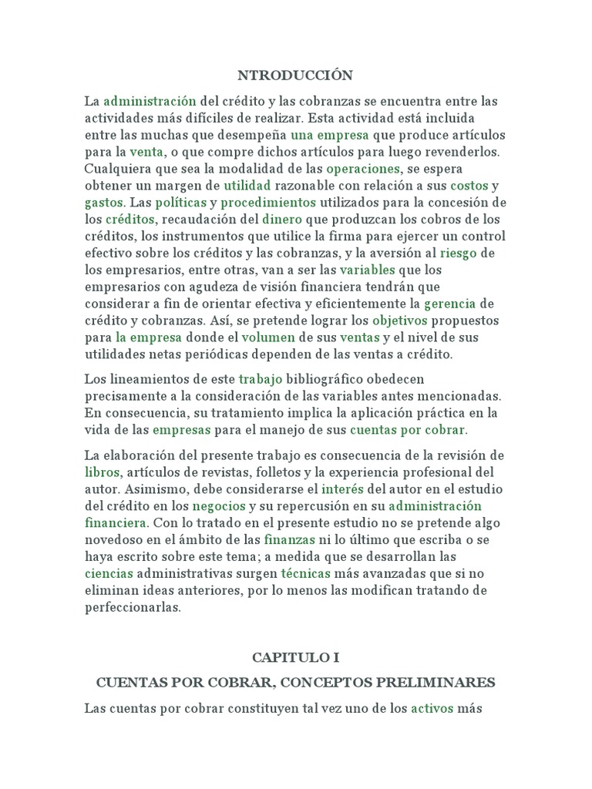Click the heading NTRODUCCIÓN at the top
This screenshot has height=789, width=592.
296,75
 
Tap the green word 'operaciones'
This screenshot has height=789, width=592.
363,169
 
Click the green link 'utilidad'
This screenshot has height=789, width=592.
247,186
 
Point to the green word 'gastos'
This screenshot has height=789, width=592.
104,203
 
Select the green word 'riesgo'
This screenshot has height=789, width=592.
461,253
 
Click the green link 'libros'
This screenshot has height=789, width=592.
102,472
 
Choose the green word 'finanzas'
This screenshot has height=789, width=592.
289,539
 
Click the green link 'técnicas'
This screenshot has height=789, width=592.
305,573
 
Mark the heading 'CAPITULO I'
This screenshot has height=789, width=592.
295,658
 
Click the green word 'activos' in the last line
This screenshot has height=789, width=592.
432,708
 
